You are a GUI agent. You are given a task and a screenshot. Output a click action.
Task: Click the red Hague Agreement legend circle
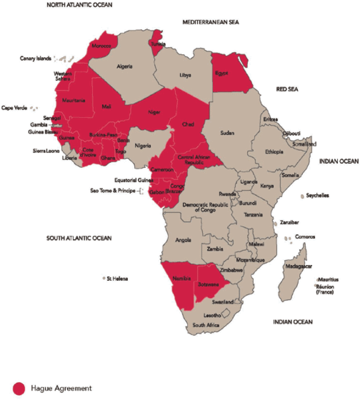coord(19,388)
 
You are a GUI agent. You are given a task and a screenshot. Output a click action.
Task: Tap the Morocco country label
coord(101,46)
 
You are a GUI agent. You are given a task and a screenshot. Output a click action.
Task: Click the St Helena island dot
coord(104,279)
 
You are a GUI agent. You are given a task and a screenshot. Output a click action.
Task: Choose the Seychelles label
coord(317,196)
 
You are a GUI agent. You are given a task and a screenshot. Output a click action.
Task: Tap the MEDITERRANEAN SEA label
coord(211,22)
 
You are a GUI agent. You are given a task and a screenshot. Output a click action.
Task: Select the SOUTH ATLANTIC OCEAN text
coord(79,238)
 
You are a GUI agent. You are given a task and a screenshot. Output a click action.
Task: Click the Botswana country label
coord(206,284)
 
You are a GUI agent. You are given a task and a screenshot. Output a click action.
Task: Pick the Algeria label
coord(125,67)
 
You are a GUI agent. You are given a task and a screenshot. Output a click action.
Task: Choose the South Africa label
coord(206,325)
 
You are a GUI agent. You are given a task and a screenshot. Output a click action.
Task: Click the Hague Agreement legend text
coord(61,388)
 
